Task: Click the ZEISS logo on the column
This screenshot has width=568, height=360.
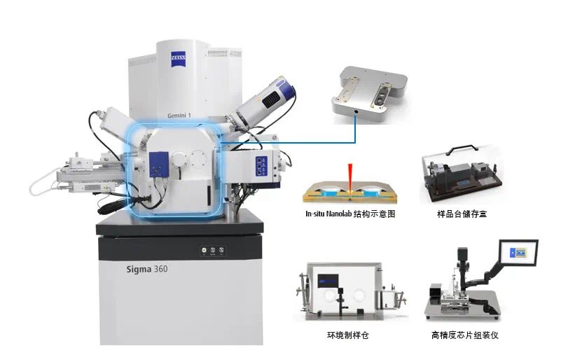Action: [178, 60]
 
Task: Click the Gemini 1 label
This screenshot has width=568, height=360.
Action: [179, 116]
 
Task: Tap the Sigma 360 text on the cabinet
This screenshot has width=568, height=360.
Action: [146, 269]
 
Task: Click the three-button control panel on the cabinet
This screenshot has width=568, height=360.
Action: [214, 250]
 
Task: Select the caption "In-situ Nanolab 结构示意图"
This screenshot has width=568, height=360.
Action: [350, 214]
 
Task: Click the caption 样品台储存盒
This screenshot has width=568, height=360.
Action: [462, 214]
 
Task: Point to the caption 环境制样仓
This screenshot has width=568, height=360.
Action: [348, 335]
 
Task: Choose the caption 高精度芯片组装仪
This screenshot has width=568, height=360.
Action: [465, 335]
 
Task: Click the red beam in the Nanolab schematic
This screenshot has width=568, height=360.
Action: [350, 176]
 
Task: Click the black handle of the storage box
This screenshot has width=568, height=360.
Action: [462, 149]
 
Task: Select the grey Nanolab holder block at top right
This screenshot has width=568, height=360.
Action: [370, 95]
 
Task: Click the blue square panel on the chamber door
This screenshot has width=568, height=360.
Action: [159, 165]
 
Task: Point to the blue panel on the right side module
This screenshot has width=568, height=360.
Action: [261, 166]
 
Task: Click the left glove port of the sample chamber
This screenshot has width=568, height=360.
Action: [330, 295]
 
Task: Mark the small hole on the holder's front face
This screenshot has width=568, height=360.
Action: [356, 112]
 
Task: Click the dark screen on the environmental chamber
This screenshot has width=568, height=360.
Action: [328, 281]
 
